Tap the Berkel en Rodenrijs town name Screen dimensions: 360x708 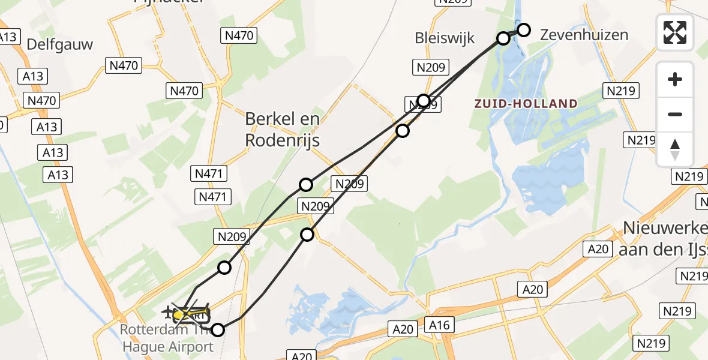point(282,130)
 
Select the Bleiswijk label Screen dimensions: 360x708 point(445,38)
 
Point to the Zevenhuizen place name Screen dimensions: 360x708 point(584,35)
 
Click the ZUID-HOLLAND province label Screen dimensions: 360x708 point(526,104)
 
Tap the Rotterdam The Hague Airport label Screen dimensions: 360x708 point(167,338)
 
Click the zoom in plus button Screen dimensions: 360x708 point(675,79)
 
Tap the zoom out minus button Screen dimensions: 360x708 point(675,115)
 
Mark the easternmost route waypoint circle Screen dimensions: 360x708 point(524,29)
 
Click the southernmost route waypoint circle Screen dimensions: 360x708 point(218,329)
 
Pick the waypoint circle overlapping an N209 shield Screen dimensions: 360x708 point(424,100)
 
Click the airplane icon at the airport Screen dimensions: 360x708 point(167,312)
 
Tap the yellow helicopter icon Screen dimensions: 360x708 point(186,314)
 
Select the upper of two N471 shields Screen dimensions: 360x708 point(210,174)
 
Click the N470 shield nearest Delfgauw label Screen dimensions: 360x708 point(124,65)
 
